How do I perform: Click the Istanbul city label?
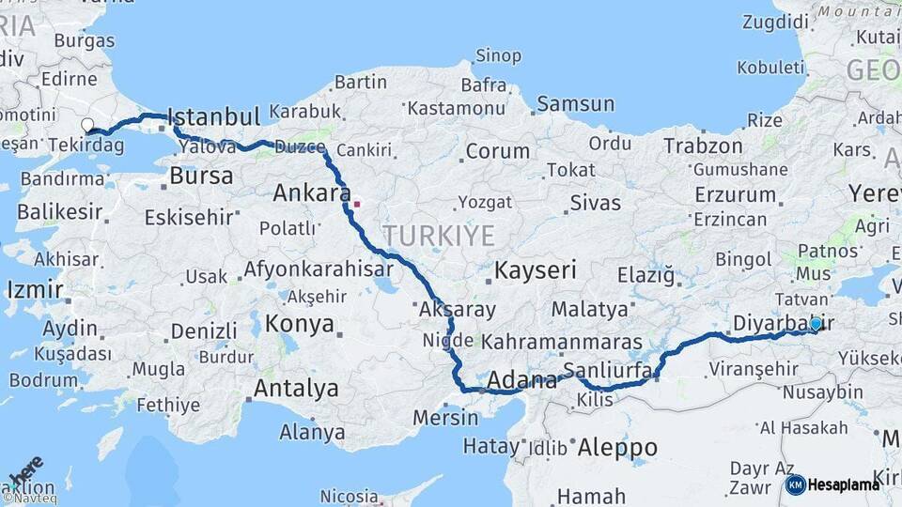click(x=215, y=117)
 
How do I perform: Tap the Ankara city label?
click(x=306, y=194)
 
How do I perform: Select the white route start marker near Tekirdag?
click(x=87, y=125)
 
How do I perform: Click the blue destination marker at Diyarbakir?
click(x=816, y=324)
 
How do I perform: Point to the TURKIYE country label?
click(x=438, y=235)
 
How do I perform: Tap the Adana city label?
click(x=523, y=380)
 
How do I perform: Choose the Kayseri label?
click(x=536, y=271)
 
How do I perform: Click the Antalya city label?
click(x=296, y=388)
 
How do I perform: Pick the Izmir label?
click(x=35, y=289)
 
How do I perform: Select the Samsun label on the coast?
click(x=575, y=104)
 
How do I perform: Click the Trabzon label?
click(x=703, y=146)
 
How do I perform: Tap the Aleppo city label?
click(x=617, y=447)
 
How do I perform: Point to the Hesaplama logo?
click(x=832, y=484)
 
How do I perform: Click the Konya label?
click(x=300, y=324)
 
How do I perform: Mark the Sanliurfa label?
click(x=608, y=370)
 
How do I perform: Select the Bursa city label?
click(x=202, y=176)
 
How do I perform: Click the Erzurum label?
click(x=736, y=194)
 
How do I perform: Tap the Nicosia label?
click(x=349, y=495)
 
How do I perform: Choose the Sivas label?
click(x=596, y=202)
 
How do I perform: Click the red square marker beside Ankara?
click(x=357, y=202)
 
